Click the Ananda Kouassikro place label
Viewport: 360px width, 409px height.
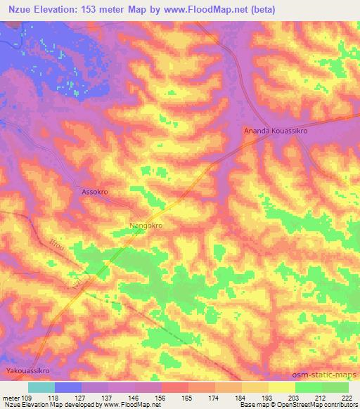pyautogui.click(x=276, y=131)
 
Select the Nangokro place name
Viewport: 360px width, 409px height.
pyautogui.click(x=146, y=226)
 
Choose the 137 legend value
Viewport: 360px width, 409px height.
pyautogui.click(x=108, y=397)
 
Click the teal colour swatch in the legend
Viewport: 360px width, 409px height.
pyautogui.click(x=41, y=387)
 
